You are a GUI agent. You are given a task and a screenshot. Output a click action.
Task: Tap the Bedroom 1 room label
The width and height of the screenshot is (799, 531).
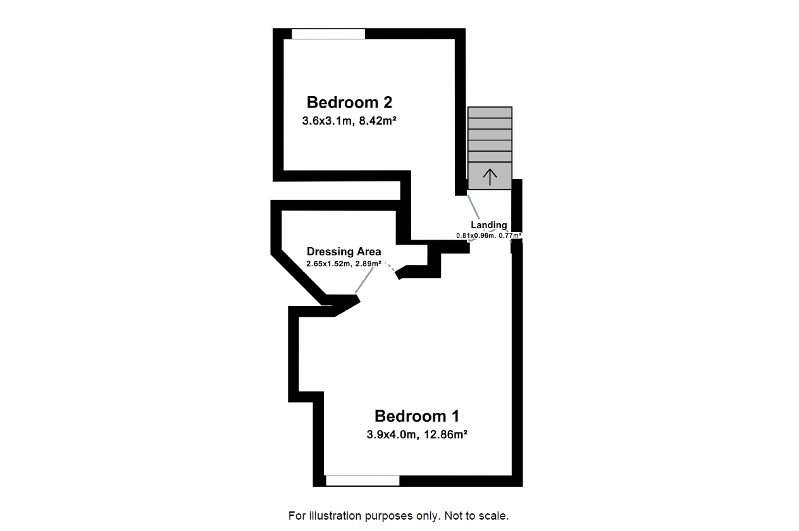coord(416,416)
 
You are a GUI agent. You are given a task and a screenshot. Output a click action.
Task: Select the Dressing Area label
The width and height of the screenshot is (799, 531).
coord(344,252)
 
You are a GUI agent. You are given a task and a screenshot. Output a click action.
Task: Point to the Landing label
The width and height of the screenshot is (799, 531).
coord(488,225)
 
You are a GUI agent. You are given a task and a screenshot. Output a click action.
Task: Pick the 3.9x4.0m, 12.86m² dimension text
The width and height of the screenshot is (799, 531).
coord(416,435)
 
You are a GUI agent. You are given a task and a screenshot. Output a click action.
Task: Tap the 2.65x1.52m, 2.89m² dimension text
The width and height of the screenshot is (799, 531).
coord(344,264)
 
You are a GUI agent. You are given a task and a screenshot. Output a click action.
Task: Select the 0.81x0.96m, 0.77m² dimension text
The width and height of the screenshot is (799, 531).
coord(488,236)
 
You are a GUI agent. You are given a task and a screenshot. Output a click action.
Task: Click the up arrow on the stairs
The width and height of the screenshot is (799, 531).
coord(490,176)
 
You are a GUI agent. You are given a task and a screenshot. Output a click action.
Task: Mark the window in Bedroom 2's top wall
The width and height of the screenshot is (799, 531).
coord(328,34)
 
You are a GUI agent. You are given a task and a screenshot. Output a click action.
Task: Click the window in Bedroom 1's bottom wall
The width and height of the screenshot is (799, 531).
coord(362,481)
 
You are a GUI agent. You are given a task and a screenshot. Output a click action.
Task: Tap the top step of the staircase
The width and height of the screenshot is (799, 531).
coord(490,112)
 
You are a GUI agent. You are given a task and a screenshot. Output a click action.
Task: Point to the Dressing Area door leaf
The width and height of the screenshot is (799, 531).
coord(366,280)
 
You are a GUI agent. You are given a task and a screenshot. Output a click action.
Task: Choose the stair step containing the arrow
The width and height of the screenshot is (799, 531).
coord(490,176)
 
